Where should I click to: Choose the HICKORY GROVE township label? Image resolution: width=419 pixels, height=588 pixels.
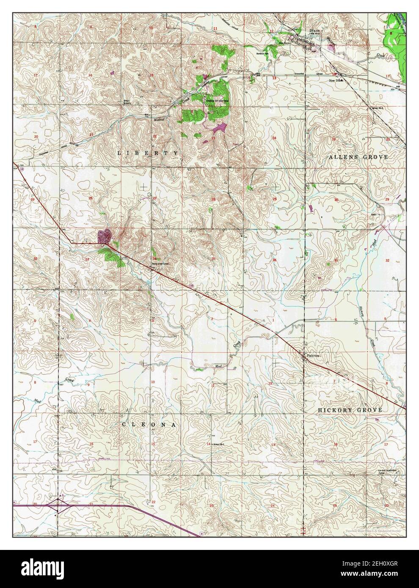(350, 410)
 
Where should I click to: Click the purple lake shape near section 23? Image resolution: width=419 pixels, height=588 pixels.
(219, 127)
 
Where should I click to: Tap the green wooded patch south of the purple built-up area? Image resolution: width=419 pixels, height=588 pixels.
(112, 256)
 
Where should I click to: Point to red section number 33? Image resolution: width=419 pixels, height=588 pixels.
(87, 259)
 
